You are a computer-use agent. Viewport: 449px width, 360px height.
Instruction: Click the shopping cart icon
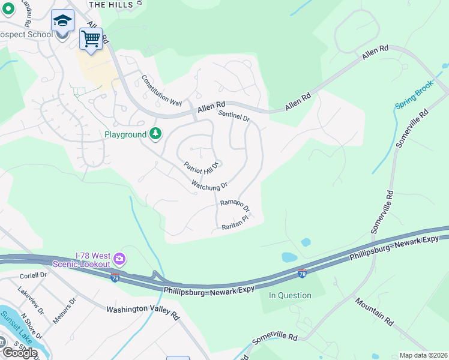point(91,39)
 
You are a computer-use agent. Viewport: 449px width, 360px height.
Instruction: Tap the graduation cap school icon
point(62,21)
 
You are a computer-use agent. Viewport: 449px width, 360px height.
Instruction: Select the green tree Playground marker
point(155,133)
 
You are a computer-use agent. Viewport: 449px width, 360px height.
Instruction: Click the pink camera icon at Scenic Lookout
point(119,259)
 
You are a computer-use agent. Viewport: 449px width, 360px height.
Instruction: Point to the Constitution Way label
point(161,91)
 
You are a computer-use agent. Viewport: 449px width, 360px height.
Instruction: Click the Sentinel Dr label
point(234,116)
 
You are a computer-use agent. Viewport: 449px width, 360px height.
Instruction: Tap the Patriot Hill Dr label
point(200,169)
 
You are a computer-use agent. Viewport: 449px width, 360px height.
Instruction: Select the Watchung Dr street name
point(209,185)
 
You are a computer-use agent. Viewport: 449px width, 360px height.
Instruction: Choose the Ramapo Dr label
point(234,206)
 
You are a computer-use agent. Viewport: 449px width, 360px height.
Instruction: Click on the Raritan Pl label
point(234,223)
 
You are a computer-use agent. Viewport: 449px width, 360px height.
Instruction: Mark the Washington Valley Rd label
point(143,312)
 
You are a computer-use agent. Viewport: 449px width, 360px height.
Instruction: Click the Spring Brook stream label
point(414,96)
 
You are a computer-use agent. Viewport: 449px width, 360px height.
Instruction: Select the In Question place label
point(290,295)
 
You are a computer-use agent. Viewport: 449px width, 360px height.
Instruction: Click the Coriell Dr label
point(32,275)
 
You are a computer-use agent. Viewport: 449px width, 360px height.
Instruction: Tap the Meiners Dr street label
point(64,311)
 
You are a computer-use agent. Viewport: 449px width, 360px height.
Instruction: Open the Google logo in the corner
point(19,352)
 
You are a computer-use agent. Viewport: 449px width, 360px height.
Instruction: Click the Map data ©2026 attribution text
point(423,355)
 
